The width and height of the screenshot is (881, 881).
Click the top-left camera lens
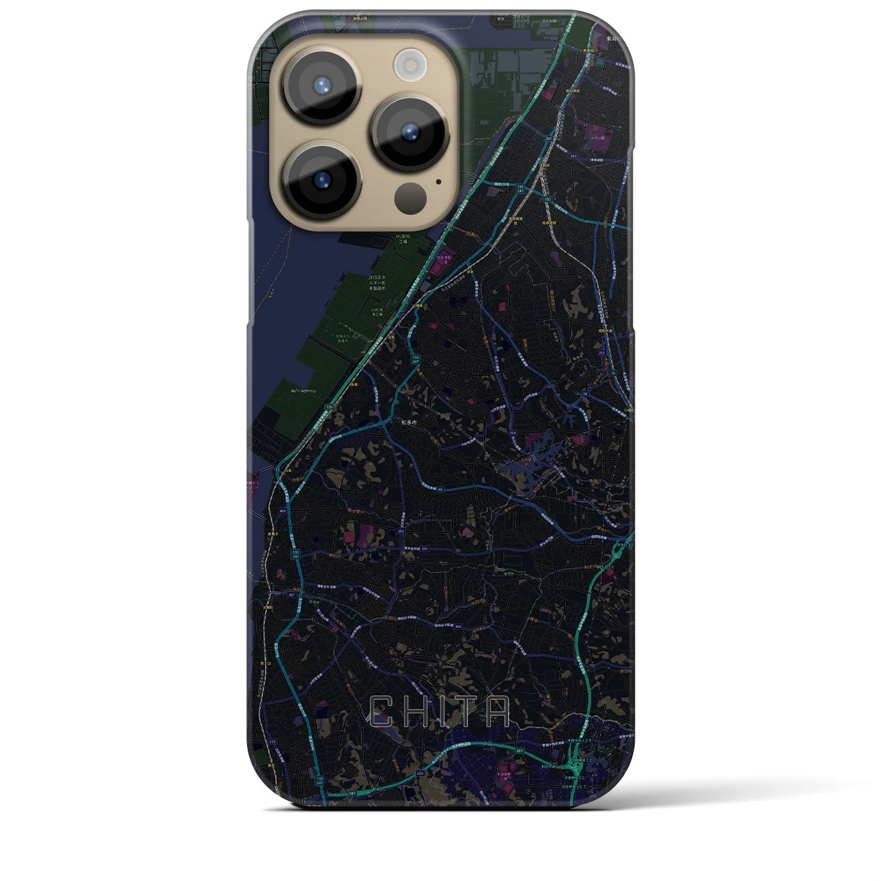pyautogui.click(x=321, y=86)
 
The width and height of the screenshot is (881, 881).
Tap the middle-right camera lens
pyautogui.click(x=410, y=131)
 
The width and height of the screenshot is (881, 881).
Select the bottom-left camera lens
pyautogui.click(x=321, y=181)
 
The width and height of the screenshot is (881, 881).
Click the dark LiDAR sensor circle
pyautogui.click(x=411, y=200)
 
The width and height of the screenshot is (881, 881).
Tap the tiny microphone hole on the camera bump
pyautogui.click(x=438, y=183)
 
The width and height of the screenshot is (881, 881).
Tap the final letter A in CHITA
pyautogui.click(x=496, y=712)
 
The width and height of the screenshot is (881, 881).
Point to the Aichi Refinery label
pyautogui.click(x=304, y=390)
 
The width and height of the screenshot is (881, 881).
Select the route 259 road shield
pyautogui.click(x=425, y=549)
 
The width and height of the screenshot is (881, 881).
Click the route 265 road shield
pyautogui.click(x=420, y=774)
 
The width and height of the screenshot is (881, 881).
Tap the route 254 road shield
pyautogui.click(x=513, y=433)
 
